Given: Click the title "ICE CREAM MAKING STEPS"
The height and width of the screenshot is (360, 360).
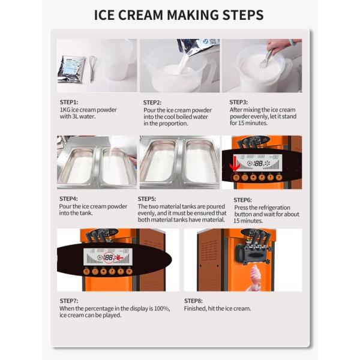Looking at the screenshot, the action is (x=179, y=15).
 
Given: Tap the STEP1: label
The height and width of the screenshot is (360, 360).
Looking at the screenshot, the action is (x=69, y=102).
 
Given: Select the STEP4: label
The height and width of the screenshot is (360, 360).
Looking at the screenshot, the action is (x=68, y=199).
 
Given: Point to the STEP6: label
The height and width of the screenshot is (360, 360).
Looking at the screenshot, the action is (x=242, y=200).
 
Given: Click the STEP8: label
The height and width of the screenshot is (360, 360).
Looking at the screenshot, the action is (x=193, y=301).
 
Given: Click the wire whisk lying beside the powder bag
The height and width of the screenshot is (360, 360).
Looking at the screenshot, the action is (x=92, y=68).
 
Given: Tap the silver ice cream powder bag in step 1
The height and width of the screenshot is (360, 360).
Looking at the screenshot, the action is (x=71, y=69).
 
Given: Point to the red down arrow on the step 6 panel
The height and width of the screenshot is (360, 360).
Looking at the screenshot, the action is (x=235, y=164).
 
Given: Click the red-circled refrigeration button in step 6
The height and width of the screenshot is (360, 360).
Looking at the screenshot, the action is (x=236, y=177).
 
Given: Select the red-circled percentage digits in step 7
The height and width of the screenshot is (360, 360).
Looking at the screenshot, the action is (x=109, y=257).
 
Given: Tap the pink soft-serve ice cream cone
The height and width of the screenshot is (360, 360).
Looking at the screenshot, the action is (x=256, y=277).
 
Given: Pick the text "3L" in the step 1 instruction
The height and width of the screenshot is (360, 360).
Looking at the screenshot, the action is (x=76, y=116).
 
